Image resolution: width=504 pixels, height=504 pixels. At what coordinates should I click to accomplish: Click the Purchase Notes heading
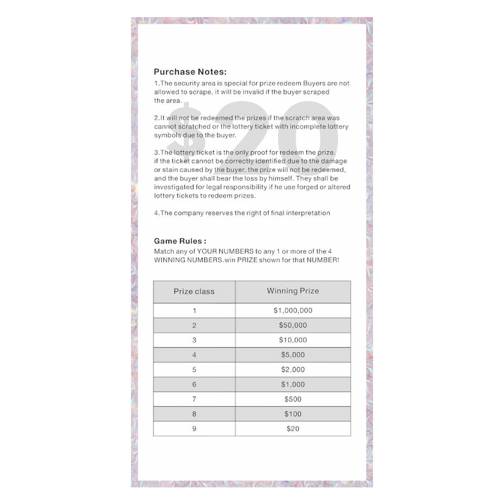[x=190, y=72]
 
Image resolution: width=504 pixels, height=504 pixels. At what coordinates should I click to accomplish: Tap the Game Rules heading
[x=180, y=241]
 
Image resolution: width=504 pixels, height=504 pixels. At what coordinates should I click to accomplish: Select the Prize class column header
[x=194, y=291]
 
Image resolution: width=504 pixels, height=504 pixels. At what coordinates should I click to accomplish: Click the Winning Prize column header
[x=293, y=291]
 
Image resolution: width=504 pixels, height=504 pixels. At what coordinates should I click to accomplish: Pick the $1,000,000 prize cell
[x=293, y=310]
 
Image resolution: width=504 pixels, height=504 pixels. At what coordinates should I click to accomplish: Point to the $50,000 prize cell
[x=293, y=325]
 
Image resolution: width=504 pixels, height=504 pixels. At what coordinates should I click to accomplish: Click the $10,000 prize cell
[x=293, y=340]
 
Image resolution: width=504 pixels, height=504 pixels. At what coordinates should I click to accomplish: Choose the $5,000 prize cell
[x=293, y=354]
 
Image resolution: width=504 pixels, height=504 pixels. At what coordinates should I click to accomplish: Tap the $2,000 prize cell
[x=293, y=369]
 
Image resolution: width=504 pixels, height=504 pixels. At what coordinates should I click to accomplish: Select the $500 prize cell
[x=293, y=399]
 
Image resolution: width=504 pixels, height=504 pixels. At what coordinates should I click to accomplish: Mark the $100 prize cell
[x=293, y=414]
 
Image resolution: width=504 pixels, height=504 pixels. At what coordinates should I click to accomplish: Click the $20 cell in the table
[x=293, y=428]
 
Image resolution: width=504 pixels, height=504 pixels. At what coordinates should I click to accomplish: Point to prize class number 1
[x=194, y=310]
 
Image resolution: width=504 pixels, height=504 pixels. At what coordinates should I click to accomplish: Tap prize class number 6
[x=194, y=384]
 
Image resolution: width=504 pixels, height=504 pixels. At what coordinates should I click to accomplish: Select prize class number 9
[x=194, y=428]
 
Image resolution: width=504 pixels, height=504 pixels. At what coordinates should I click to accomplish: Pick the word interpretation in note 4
[x=306, y=213]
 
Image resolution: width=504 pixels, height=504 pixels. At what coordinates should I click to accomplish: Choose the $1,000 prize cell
[x=293, y=384]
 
